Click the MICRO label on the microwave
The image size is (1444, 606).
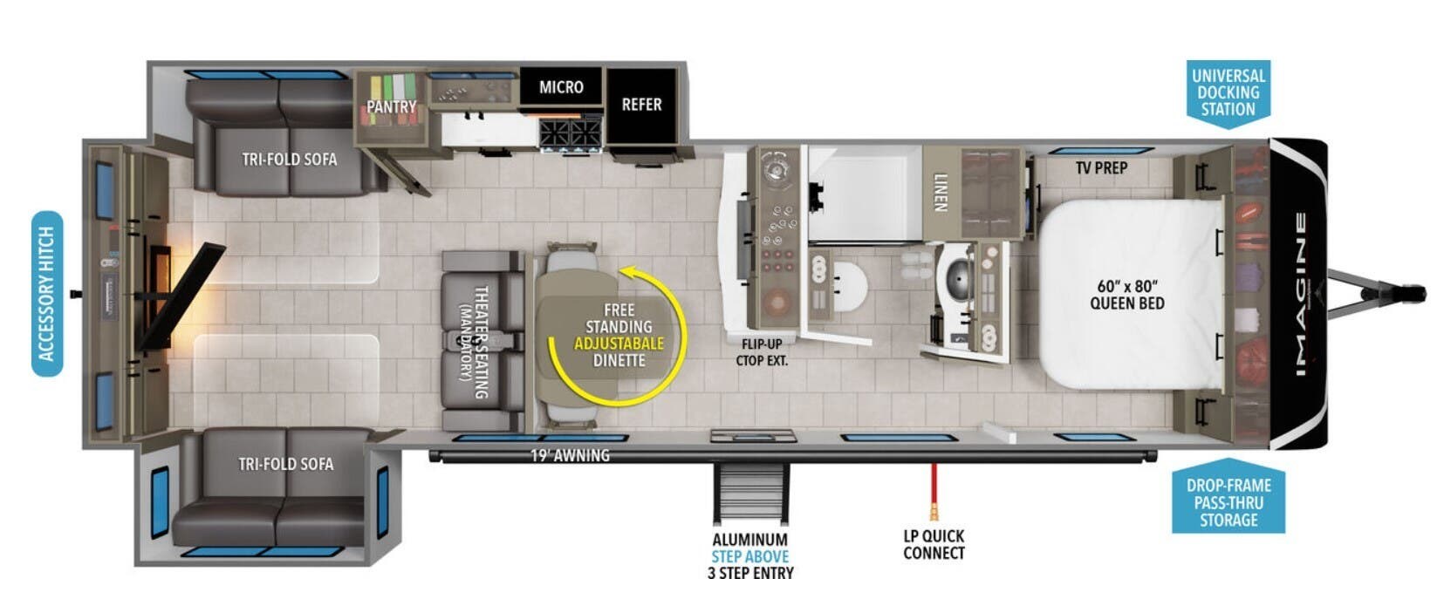561,87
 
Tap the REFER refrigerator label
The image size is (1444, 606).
641,105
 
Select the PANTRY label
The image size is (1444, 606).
391,107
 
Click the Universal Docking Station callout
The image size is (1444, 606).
1228,92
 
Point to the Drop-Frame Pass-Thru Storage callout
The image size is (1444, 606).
1228,497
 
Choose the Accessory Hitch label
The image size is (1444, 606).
47,294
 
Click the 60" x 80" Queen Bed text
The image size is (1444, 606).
1127,295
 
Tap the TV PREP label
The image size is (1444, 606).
1102,168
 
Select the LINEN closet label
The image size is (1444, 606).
941,192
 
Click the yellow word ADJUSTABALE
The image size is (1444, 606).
619,344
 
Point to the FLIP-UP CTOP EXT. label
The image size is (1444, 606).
762,352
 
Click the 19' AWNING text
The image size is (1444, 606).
570,455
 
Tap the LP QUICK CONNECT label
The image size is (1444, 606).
934,545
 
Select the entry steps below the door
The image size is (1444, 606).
751,494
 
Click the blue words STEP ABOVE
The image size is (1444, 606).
749,556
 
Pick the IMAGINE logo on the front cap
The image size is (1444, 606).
1302,294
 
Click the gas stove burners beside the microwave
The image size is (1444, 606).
571,133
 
